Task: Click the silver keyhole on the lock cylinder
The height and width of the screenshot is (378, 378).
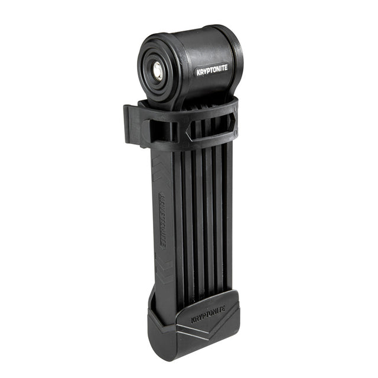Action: pos(158,71)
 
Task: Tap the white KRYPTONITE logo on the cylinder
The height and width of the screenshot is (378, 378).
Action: pos(212,70)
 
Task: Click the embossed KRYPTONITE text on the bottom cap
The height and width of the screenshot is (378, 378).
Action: pos(208,315)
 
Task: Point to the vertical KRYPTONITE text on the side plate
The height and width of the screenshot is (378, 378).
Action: pos(162,220)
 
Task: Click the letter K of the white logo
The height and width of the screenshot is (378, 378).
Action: pos(198,73)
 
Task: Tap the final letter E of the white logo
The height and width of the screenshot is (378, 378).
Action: pos(226,68)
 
